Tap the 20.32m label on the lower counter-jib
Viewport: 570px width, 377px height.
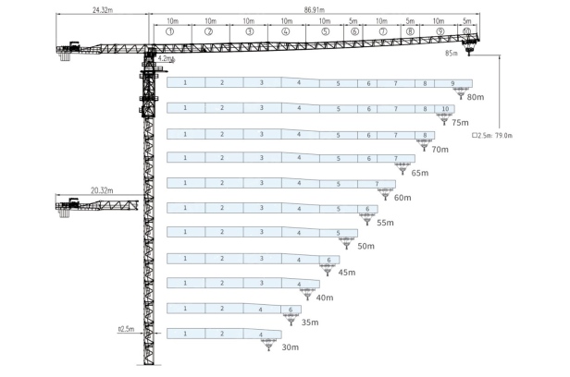pos(101,190)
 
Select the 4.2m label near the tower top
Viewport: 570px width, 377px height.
pos(166,58)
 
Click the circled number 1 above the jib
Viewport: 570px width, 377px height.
pos(171,31)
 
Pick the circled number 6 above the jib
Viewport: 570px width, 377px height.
pos(354,31)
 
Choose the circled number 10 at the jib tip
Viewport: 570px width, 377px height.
pos(466,31)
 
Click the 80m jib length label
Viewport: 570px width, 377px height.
pos(476,97)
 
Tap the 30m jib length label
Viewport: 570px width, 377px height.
pos(290,347)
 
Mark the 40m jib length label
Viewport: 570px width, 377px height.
pos(324,298)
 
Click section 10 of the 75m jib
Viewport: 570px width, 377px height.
pos(446,109)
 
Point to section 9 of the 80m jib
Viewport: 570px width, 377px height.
pos(452,83)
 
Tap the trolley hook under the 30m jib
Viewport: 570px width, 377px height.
pos(268,344)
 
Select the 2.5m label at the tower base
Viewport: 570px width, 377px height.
pos(127,328)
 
